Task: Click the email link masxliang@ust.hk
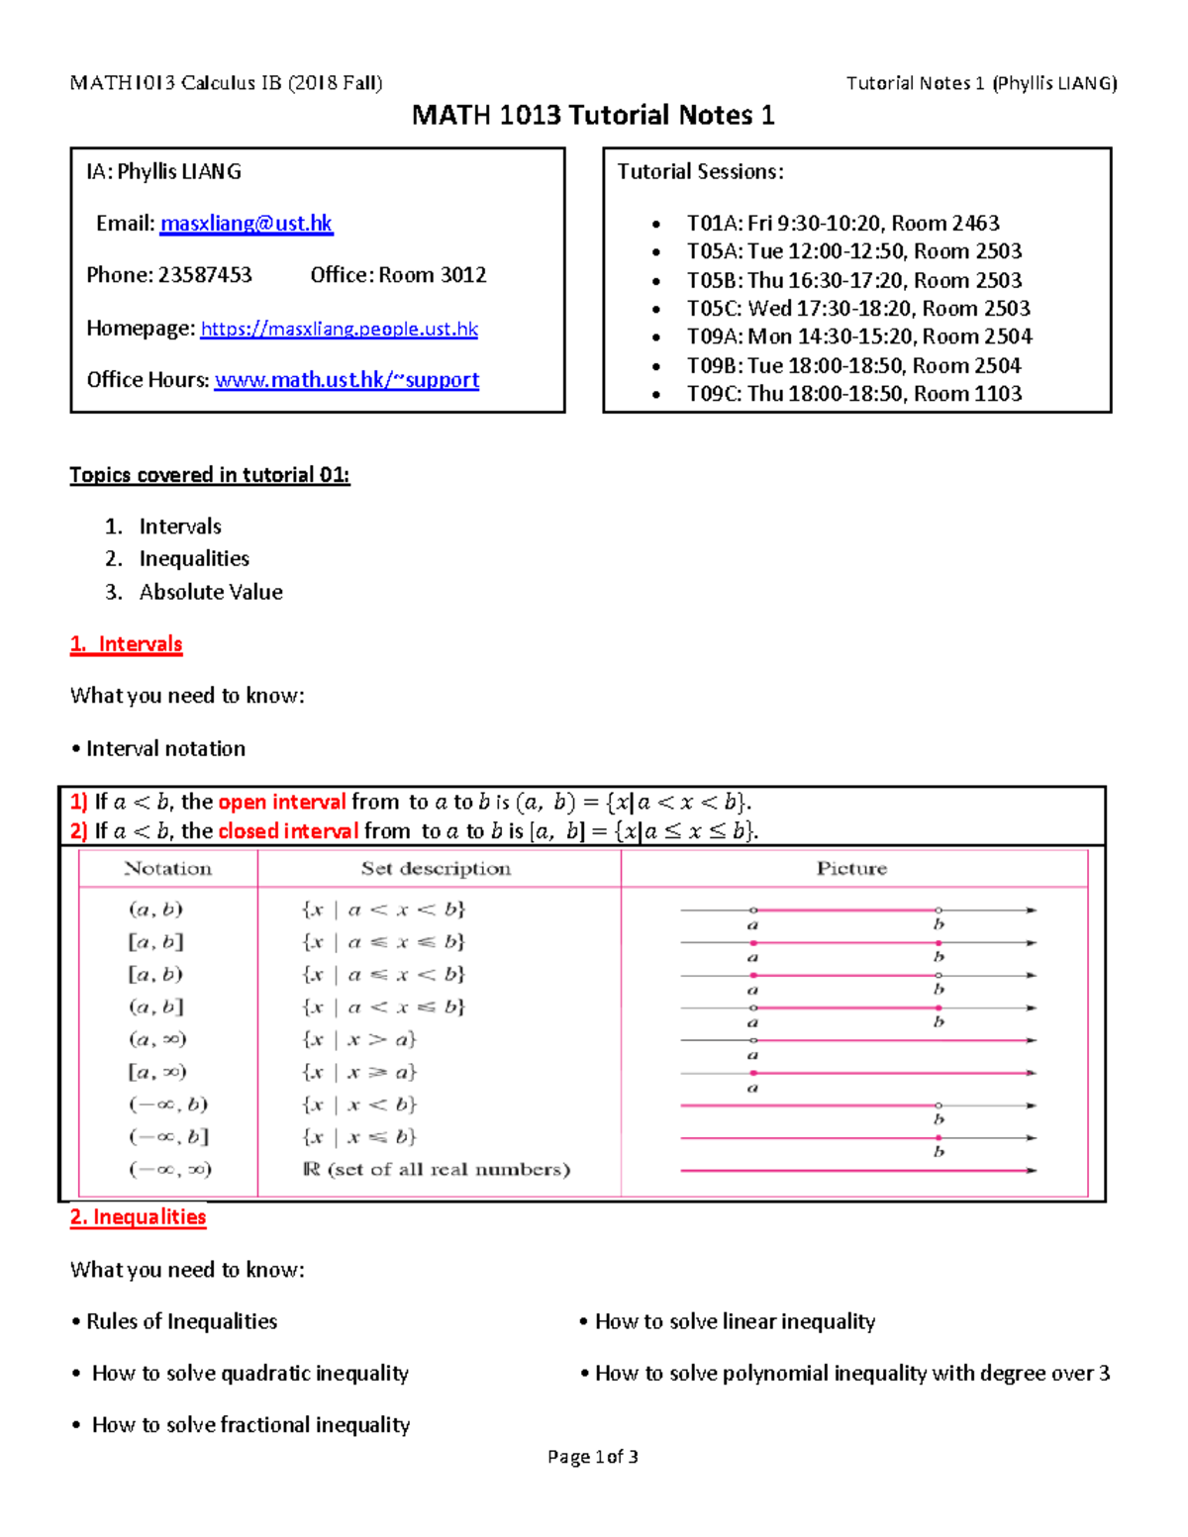pyautogui.click(x=247, y=224)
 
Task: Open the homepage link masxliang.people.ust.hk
pyautogui.click(x=339, y=329)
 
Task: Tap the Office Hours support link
pyautogui.click(x=346, y=380)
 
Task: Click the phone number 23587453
pyautogui.click(x=204, y=275)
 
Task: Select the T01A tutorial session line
pyautogui.click(x=842, y=224)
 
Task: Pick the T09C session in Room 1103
pyautogui.click(x=853, y=394)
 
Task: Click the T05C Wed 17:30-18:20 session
pyautogui.click(x=858, y=309)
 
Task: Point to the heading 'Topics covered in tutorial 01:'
pyautogui.click(x=210, y=475)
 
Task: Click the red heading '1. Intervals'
pyautogui.click(x=127, y=644)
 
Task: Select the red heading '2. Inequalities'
pyautogui.click(x=139, y=1217)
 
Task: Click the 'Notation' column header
pyautogui.click(x=167, y=869)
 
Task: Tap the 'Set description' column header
pyautogui.click(x=436, y=869)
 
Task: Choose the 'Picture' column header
pyautogui.click(x=851, y=869)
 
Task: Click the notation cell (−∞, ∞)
pyautogui.click(x=170, y=1170)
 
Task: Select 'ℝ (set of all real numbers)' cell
pyautogui.click(x=437, y=1170)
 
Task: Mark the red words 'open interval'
pyautogui.click(x=282, y=803)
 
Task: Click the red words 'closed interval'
pyautogui.click(x=288, y=831)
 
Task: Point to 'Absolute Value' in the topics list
pyautogui.click(x=211, y=592)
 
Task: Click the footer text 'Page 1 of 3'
pyautogui.click(x=592, y=1457)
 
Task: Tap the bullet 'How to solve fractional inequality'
pyautogui.click(x=250, y=1425)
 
